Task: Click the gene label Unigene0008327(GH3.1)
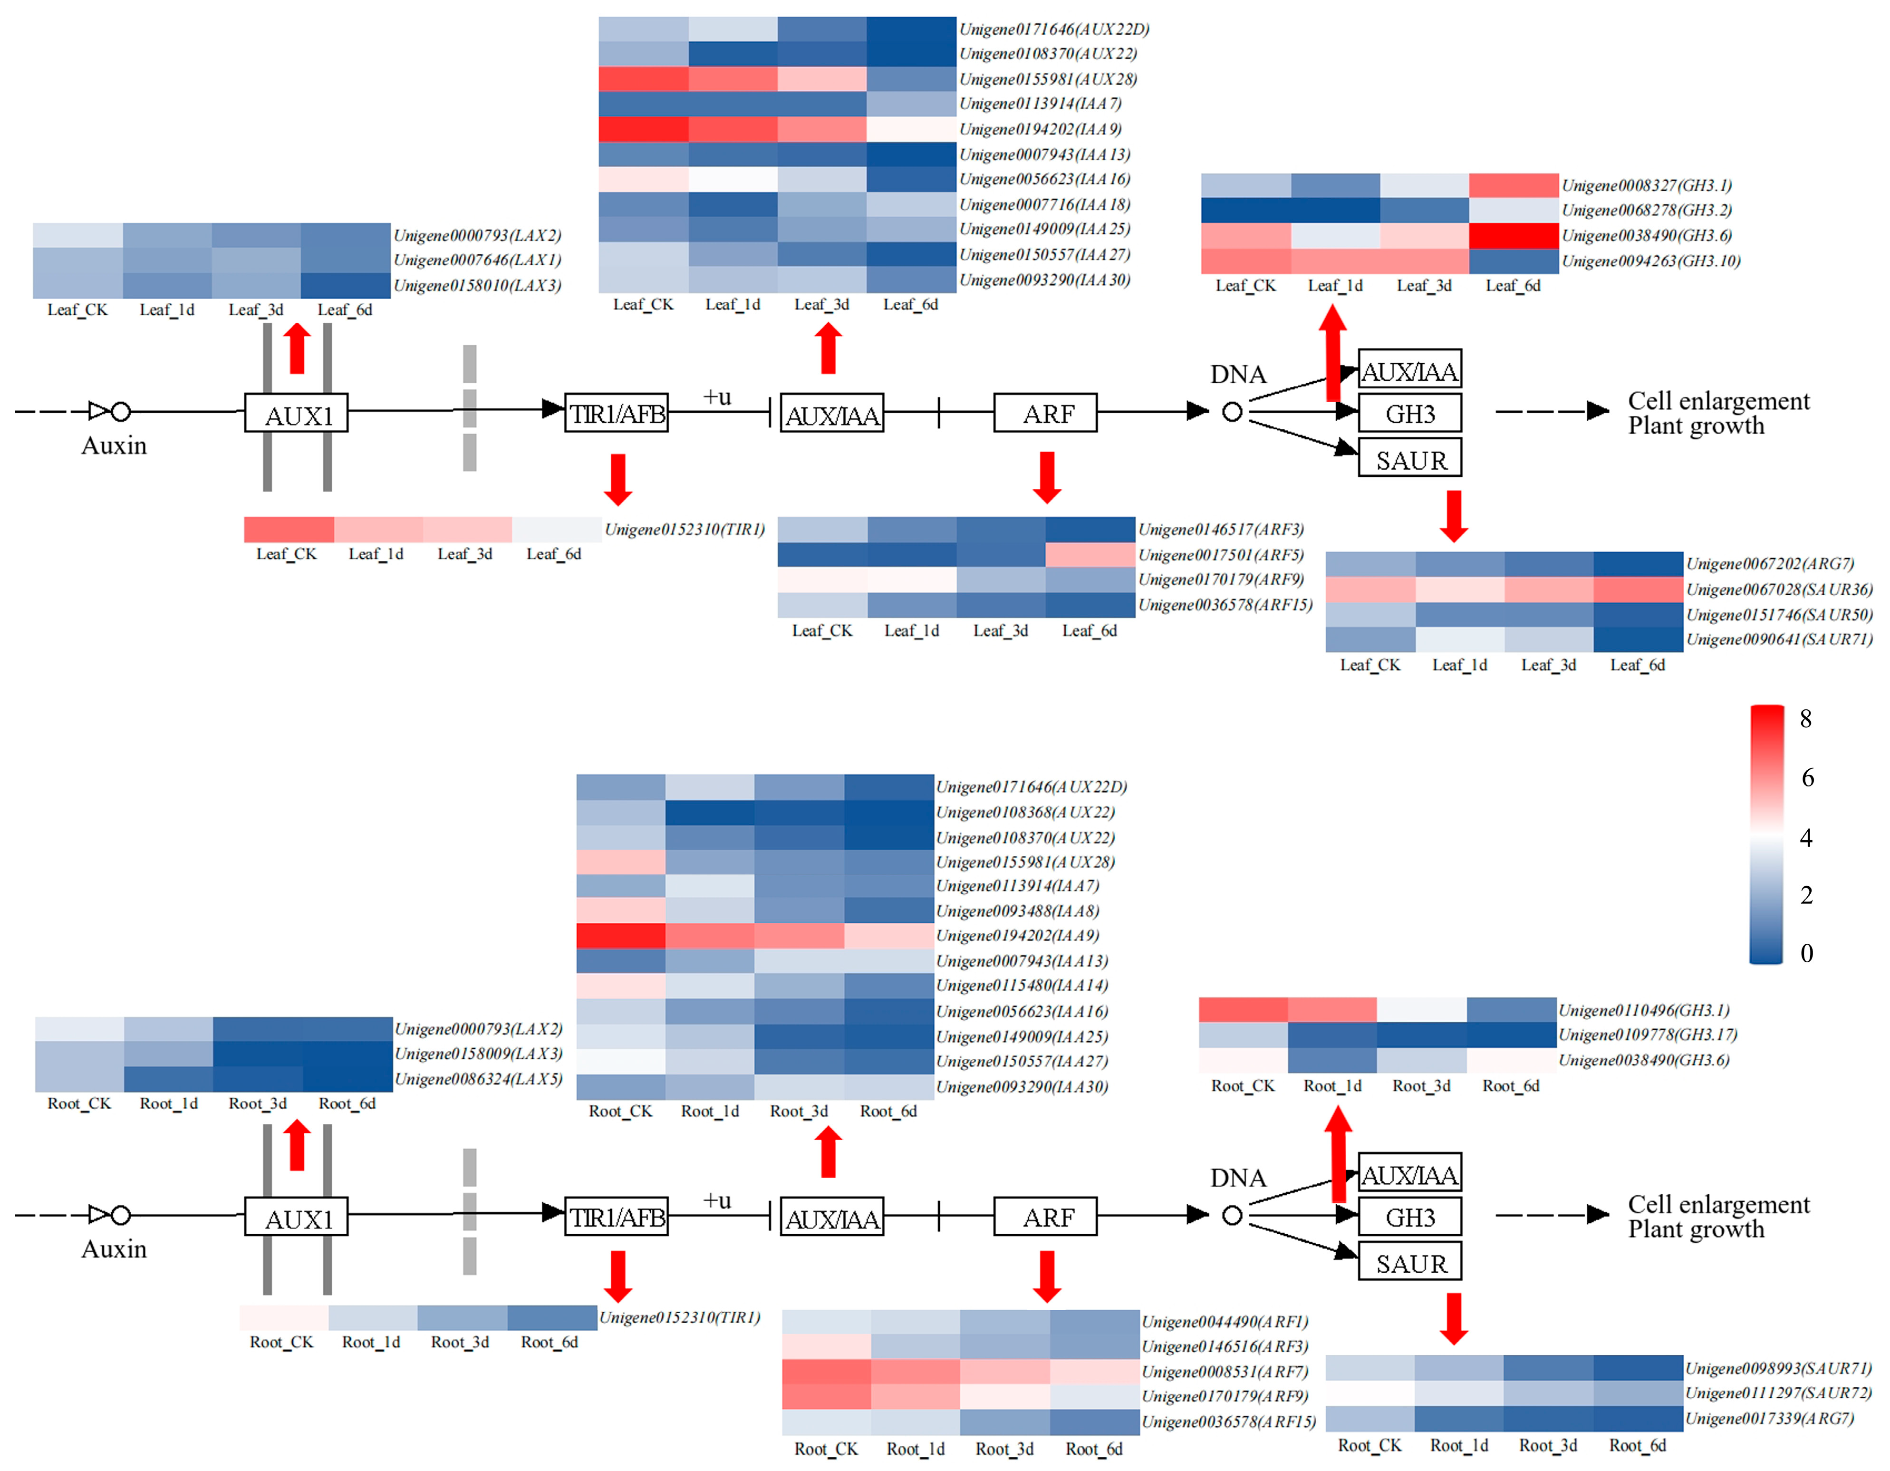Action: (1646, 185)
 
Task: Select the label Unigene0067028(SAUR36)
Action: (1778, 589)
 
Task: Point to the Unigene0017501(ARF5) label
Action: (1220, 555)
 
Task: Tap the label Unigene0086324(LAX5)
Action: (479, 1079)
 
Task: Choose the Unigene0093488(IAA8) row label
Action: (1017, 910)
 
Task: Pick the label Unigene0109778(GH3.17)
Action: (1647, 1035)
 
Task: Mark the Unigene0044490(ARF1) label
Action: (1225, 1321)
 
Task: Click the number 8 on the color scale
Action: (1805, 718)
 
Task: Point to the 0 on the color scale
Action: (1806, 953)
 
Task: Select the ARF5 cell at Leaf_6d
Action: (1090, 555)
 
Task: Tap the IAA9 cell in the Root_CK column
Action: (620, 935)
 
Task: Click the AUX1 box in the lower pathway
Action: (297, 1218)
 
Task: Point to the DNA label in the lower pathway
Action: (1237, 1178)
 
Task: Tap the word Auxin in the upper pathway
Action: (114, 445)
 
